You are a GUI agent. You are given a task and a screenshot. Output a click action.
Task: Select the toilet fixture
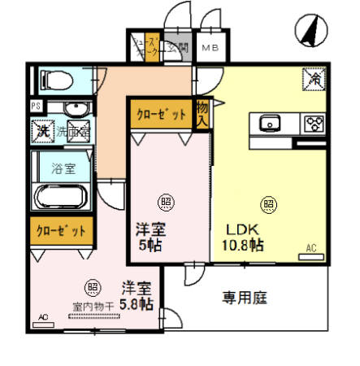click(55, 80)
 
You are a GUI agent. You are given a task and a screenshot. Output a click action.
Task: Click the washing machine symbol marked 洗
click(40, 129)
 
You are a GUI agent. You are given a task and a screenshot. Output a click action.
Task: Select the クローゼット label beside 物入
click(160, 114)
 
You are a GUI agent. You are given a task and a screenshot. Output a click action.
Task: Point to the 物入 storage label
click(202, 113)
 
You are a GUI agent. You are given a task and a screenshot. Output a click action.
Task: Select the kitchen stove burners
click(313, 124)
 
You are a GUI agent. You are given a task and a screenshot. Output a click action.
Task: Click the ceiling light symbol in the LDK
click(267, 203)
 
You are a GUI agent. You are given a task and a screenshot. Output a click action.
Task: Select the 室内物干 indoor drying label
click(93, 307)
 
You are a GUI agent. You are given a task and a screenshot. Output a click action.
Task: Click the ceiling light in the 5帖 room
click(165, 201)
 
